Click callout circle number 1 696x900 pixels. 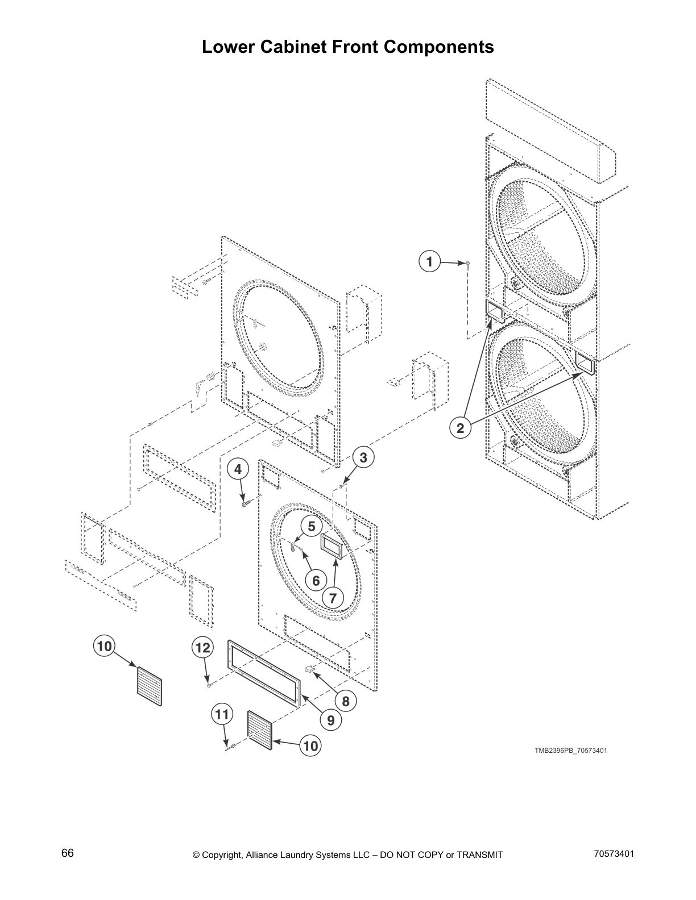tap(429, 261)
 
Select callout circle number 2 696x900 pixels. tap(460, 428)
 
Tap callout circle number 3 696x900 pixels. tap(363, 457)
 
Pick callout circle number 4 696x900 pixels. tap(238, 469)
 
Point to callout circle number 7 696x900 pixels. tap(333, 598)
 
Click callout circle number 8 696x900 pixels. tap(346, 702)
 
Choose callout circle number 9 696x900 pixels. tap(330, 720)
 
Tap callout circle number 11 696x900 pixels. tap(222, 714)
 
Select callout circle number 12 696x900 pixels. tap(202, 648)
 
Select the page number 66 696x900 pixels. tap(68, 853)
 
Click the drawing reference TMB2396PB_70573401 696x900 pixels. tap(570, 751)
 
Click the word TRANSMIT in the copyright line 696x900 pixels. tap(479, 855)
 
